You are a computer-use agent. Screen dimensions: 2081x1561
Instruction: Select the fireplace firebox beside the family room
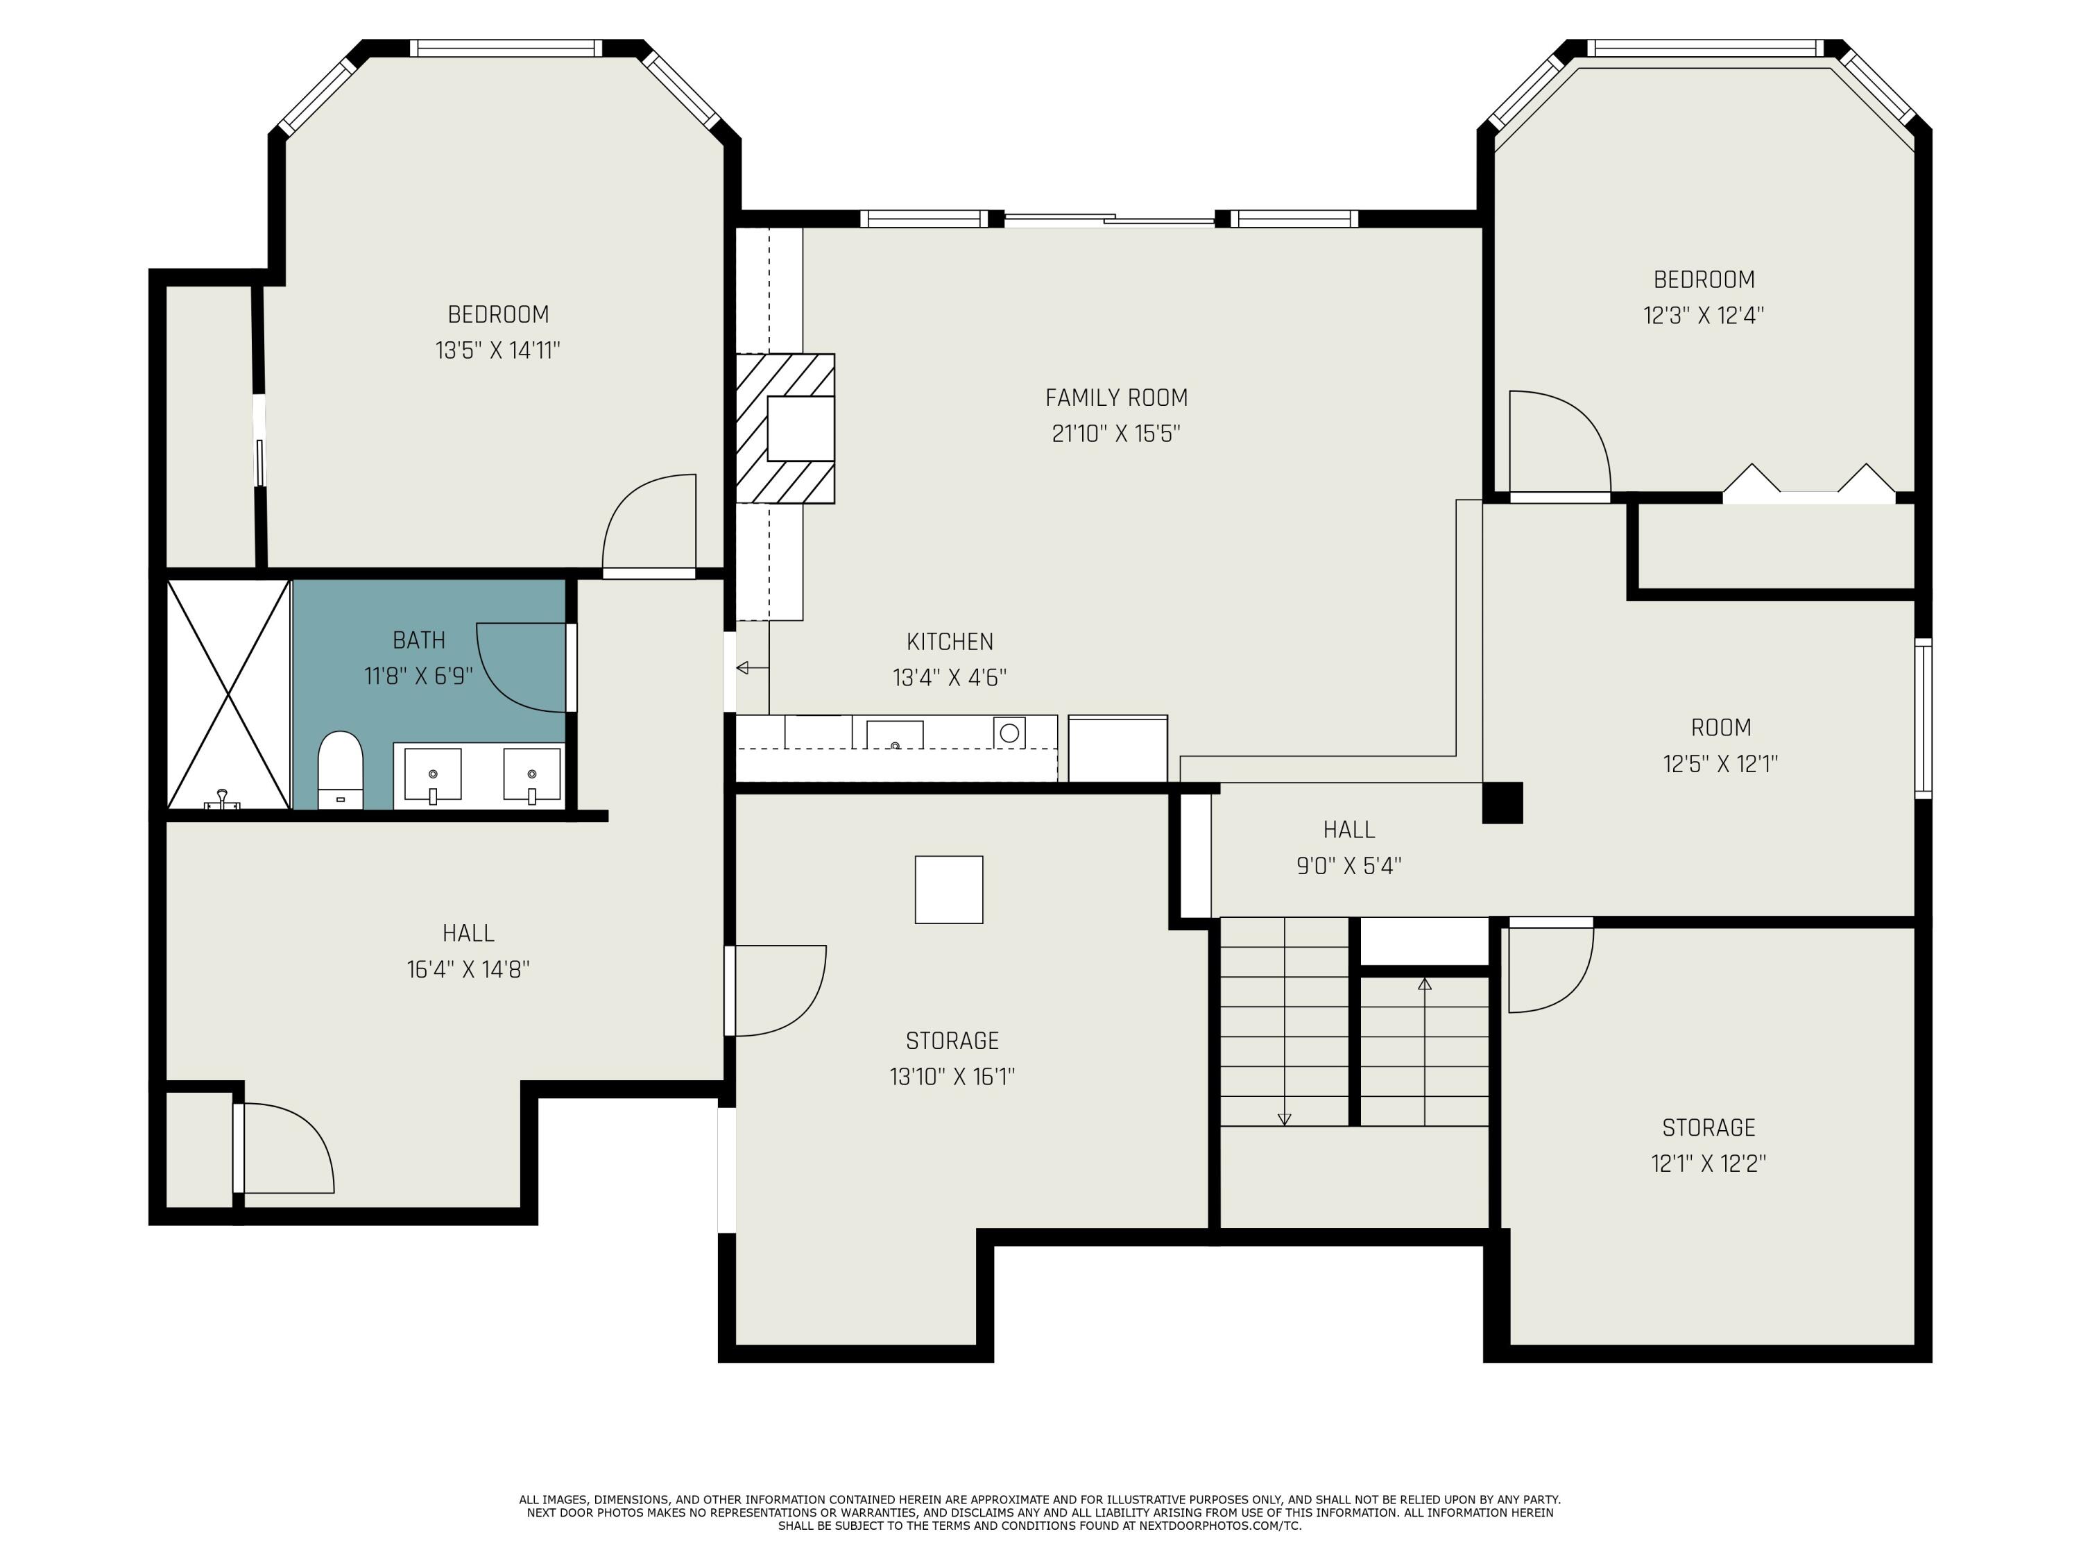pos(800,428)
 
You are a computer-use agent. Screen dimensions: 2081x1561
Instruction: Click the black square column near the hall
pos(1502,803)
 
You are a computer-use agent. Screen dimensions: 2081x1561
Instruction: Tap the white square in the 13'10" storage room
pos(949,889)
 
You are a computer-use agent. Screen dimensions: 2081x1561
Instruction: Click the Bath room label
pos(419,641)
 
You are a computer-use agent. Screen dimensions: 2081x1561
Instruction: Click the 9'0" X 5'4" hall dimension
pos(1349,866)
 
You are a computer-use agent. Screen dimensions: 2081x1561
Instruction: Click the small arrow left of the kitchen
pos(752,668)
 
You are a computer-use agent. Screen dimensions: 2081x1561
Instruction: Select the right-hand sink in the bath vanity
pos(531,774)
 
